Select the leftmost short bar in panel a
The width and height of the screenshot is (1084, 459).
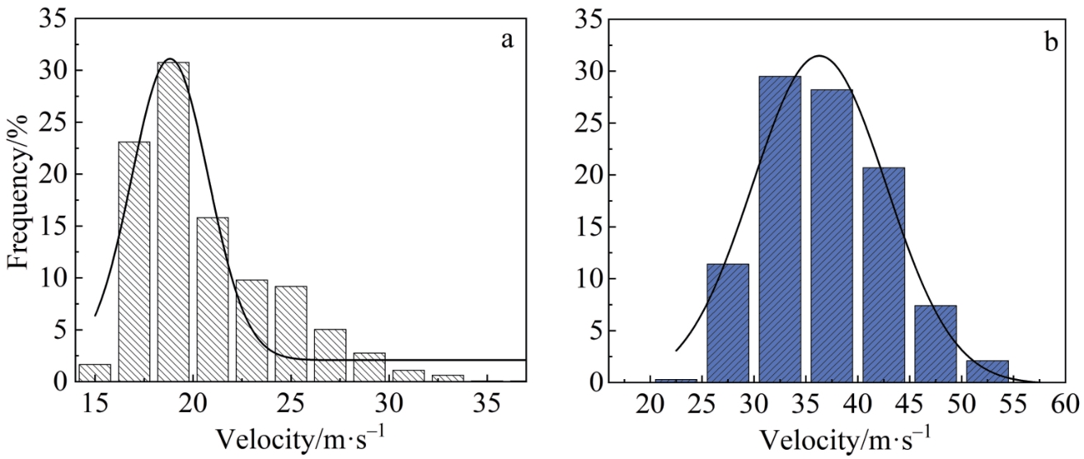(x=95, y=372)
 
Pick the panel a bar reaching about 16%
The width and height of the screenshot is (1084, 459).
(x=213, y=299)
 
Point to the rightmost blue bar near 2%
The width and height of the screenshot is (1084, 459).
(x=988, y=372)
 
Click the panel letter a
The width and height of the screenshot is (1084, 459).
(x=508, y=40)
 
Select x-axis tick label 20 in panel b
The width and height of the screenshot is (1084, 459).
(x=651, y=406)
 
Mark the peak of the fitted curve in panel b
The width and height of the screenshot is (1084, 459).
(x=819, y=56)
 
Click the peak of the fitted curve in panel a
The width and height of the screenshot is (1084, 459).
(x=170, y=59)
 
